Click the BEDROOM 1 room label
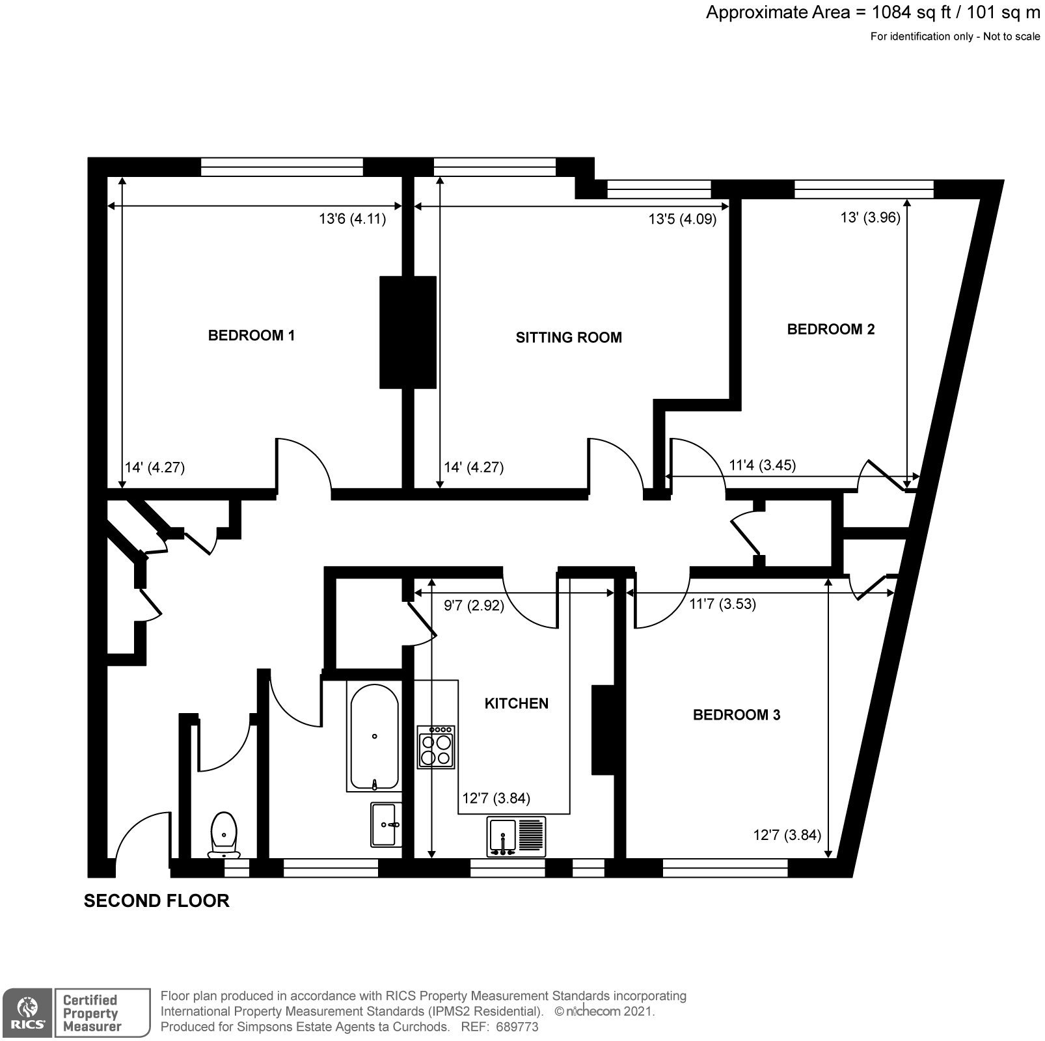[251, 336]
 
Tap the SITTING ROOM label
[569, 338]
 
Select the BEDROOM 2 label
[830, 329]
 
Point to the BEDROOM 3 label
[736, 715]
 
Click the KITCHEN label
[516, 703]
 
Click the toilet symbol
[224, 835]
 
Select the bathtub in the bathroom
[374, 737]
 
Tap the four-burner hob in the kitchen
[436, 748]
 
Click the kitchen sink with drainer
[516, 837]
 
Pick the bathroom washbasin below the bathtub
[387, 824]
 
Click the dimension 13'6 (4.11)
[352, 219]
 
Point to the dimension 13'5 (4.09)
[682, 219]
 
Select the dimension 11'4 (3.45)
[762, 465]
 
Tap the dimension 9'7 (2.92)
[474, 606]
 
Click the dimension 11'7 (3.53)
[722, 604]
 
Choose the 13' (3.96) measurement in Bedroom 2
[870, 218]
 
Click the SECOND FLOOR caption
[157, 901]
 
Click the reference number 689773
[517, 1027]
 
